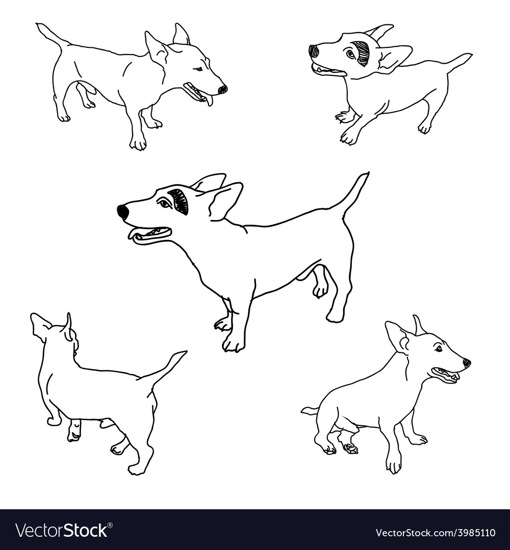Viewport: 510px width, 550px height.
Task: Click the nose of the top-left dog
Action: click(x=222, y=90)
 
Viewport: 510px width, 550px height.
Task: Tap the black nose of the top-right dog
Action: click(x=314, y=52)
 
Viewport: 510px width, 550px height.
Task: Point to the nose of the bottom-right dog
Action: click(x=467, y=364)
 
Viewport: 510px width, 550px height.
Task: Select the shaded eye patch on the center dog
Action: click(x=180, y=201)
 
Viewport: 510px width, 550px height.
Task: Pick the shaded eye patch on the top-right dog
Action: click(x=361, y=53)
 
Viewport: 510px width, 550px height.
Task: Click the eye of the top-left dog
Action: click(x=198, y=69)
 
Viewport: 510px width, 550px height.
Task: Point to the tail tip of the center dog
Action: click(x=367, y=173)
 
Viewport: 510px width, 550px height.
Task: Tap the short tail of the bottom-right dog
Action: click(x=310, y=410)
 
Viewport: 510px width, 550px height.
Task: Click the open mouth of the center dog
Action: click(x=150, y=234)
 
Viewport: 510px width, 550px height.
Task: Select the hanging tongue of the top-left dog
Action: click(x=210, y=100)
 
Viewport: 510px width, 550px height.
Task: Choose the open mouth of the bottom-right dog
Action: click(x=444, y=375)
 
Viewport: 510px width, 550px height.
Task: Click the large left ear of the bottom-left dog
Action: click(x=41, y=326)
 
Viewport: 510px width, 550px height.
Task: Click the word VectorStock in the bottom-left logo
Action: click(x=61, y=530)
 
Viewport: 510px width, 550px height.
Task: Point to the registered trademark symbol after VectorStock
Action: click(x=110, y=526)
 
